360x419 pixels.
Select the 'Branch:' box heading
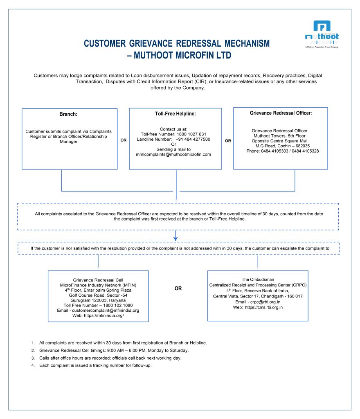tap(69, 115)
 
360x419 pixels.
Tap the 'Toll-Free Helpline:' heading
tap(175, 114)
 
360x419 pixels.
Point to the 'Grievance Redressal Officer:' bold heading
tap(281, 113)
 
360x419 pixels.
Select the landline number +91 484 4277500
tap(193, 139)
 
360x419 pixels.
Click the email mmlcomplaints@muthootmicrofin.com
tap(173, 154)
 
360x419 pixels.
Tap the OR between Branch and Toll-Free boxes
tap(123, 140)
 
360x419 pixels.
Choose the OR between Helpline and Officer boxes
tap(228, 140)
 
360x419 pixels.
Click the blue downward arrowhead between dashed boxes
tap(175, 238)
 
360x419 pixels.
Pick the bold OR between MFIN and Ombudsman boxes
tap(178, 288)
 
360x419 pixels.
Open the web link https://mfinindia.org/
tap(104, 315)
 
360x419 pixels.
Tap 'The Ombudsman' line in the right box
tap(258, 279)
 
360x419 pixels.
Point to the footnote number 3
tap(33, 358)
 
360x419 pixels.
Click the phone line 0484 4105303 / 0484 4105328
tap(283, 151)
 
